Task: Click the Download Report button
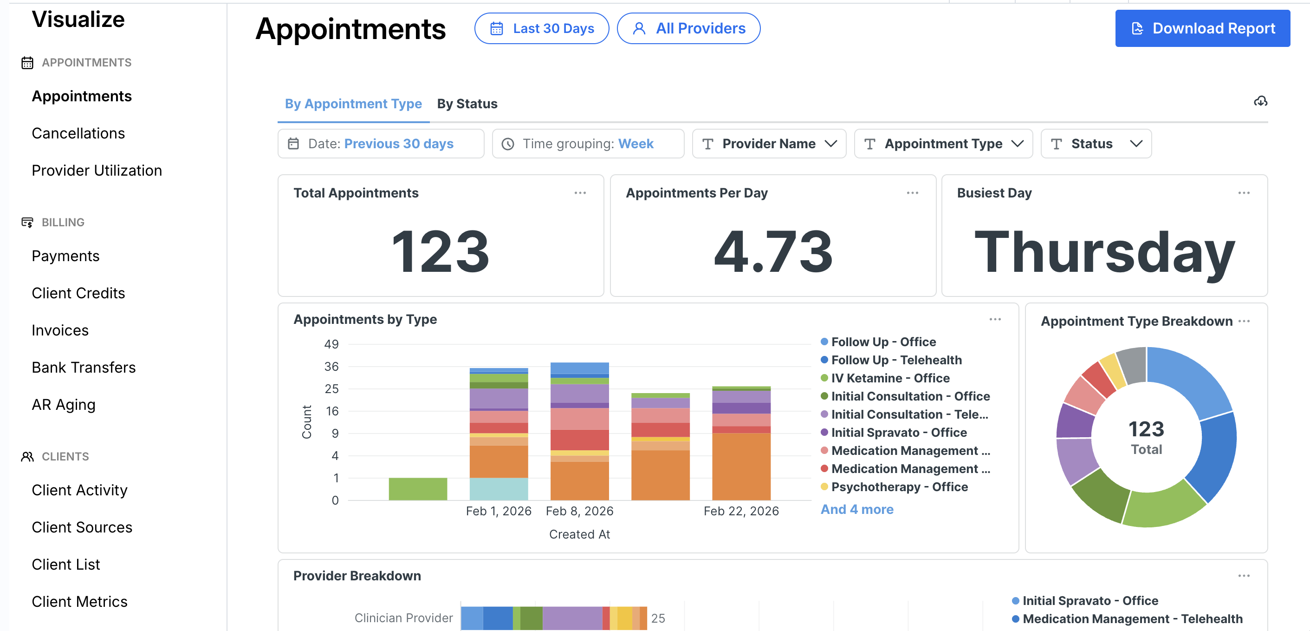(x=1202, y=28)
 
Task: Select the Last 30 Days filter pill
(x=542, y=28)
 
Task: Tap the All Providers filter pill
(x=688, y=28)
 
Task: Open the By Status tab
(x=467, y=104)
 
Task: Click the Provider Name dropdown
(x=769, y=144)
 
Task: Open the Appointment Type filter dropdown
(x=943, y=144)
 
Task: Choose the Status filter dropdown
(x=1096, y=144)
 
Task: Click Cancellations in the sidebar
(x=78, y=133)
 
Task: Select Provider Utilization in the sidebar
(x=97, y=171)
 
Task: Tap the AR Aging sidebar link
(x=64, y=405)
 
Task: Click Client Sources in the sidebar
(x=82, y=527)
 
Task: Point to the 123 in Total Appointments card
(x=441, y=251)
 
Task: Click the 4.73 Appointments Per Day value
(x=773, y=251)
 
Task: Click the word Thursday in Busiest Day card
(x=1104, y=252)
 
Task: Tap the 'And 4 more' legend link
(x=857, y=509)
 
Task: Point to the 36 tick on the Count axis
(x=331, y=367)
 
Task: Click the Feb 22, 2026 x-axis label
(x=741, y=511)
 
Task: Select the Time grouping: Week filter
(x=588, y=144)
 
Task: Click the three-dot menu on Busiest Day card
(x=1244, y=193)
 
